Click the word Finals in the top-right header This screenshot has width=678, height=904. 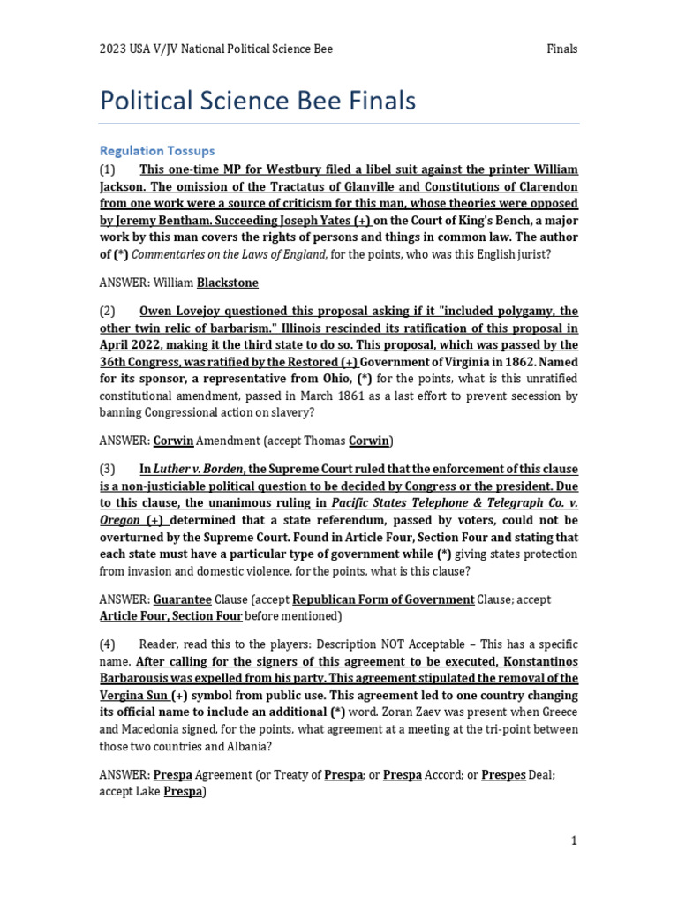[562, 49]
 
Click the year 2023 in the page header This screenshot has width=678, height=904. [112, 49]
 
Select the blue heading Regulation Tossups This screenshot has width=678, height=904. [157, 151]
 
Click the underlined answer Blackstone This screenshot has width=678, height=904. [228, 282]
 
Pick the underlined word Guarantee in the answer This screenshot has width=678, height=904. [182, 599]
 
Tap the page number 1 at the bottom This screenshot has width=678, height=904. [574, 840]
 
